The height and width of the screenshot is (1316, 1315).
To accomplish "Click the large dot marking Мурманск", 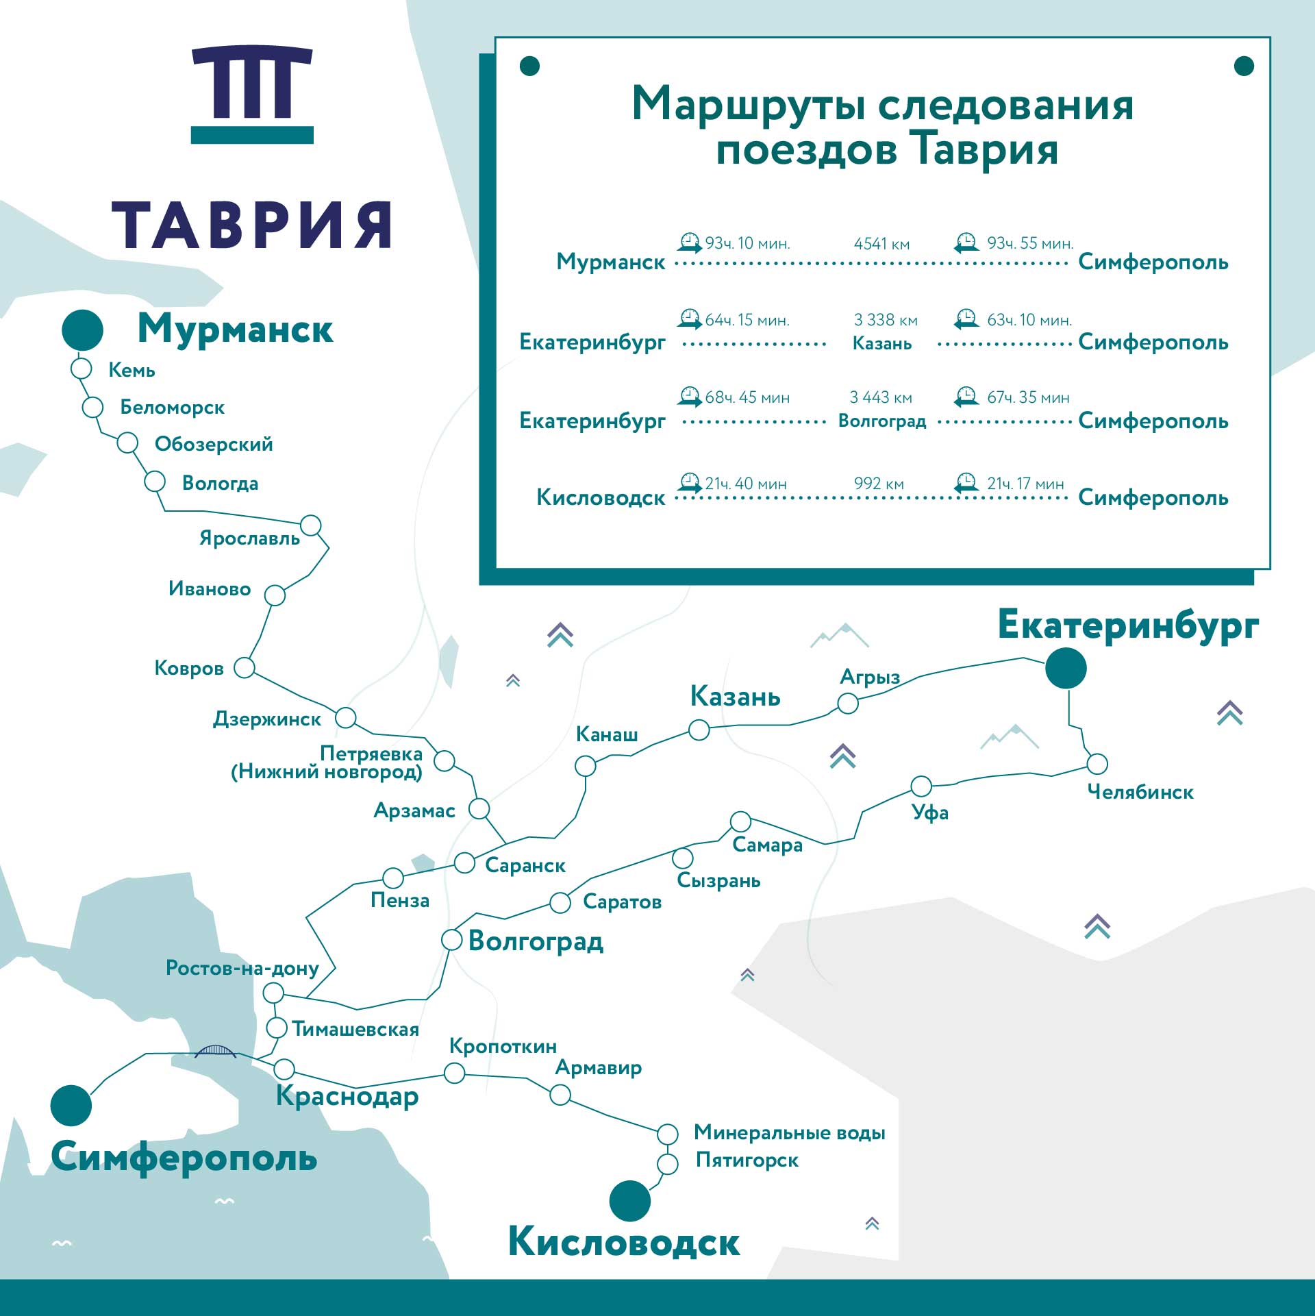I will pos(82,330).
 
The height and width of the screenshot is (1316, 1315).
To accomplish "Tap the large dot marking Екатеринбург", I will pos(1066,668).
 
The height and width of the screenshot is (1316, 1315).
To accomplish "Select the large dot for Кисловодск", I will pos(629,1200).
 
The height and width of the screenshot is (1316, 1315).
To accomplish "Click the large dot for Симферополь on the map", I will pos(71,1106).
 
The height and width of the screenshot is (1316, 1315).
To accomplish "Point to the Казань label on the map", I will pos(735,696).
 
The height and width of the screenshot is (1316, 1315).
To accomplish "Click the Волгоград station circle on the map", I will pos(452,939).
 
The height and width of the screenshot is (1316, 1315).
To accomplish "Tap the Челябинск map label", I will pos(1140,792).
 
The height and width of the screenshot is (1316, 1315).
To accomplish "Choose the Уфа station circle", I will pos(921,786).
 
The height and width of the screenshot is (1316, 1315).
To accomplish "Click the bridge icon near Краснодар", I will pos(215,1052).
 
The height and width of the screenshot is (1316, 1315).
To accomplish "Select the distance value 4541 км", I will pos(881,244).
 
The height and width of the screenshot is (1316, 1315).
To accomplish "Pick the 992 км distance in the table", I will pos(879,484).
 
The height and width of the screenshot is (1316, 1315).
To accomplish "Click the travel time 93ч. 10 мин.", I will pos(747,243).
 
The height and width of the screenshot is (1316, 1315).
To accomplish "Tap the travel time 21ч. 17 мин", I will pos(1025,484).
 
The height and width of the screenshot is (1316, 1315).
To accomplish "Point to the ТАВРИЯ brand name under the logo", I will pos(252,225).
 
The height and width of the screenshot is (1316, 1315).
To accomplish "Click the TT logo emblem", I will pos(252,94).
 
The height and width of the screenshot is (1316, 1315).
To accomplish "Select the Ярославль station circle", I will pos(311,525).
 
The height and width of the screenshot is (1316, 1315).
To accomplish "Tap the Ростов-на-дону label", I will pos(242,968).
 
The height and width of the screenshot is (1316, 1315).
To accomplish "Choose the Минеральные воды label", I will pos(789,1132).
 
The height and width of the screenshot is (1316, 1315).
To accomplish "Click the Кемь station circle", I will pos(82,369).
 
